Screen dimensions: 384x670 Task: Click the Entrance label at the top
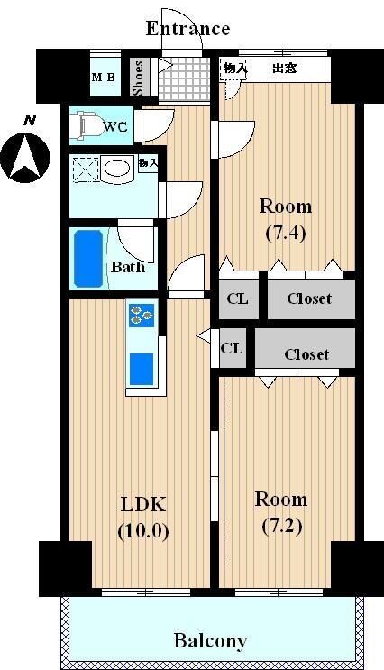point(187,29)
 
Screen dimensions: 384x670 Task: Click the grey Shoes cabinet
point(140,78)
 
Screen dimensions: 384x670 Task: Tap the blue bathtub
point(88,259)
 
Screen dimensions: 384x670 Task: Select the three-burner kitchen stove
point(142,316)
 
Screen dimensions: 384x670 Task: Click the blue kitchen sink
point(142,369)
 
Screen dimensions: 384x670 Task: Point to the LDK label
point(142,505)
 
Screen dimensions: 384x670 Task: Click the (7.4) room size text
point(286,234)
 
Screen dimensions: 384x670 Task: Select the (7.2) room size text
point(281,526)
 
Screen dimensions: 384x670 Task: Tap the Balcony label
point(210,641)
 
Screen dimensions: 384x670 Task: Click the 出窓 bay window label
point(285,68)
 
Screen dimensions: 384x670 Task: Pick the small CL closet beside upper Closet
point(238,298)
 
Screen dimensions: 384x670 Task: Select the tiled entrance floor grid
point(184,78)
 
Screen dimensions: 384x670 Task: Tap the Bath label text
point(128,267)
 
